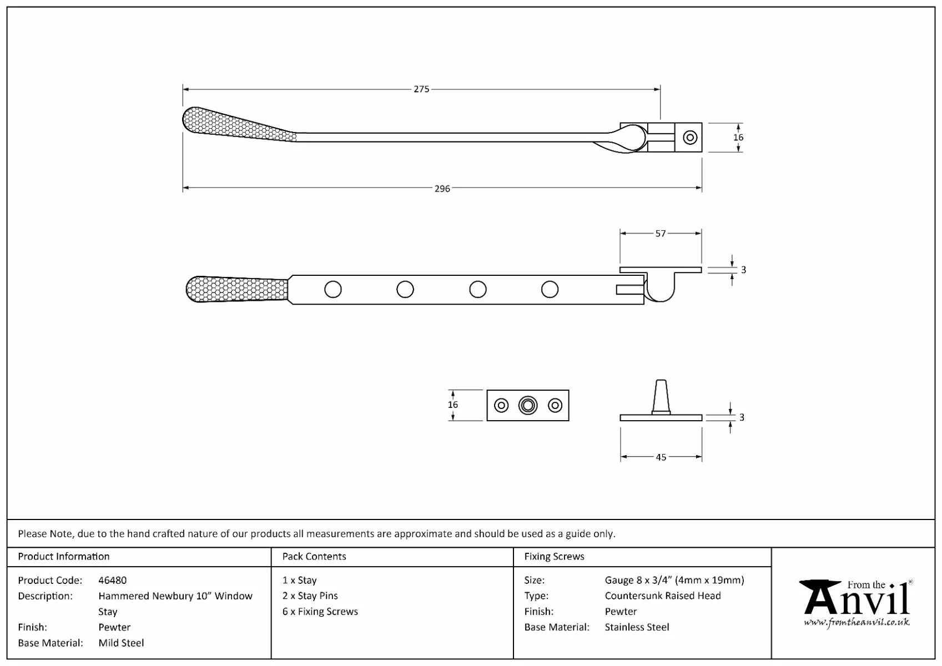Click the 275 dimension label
click(421, 89)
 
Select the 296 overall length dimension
click(442, 189)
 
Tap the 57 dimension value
click(660, 234)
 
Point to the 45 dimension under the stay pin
click(661, 457)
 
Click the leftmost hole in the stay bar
click(333, 289)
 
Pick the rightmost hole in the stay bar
click(550, 289)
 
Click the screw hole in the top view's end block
click(690, 137)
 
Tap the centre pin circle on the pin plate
click(528, 406)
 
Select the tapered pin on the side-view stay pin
click(661, 396)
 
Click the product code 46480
click(112, 580)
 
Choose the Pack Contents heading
click(314, 556)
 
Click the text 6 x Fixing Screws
click(320, 611)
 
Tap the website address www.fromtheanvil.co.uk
click(857, 623)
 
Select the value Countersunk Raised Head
click(663, 596)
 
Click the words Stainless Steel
click(637, 627)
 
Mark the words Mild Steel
click(121, 643)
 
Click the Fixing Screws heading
click(554, 556)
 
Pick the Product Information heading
click(64, 556)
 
